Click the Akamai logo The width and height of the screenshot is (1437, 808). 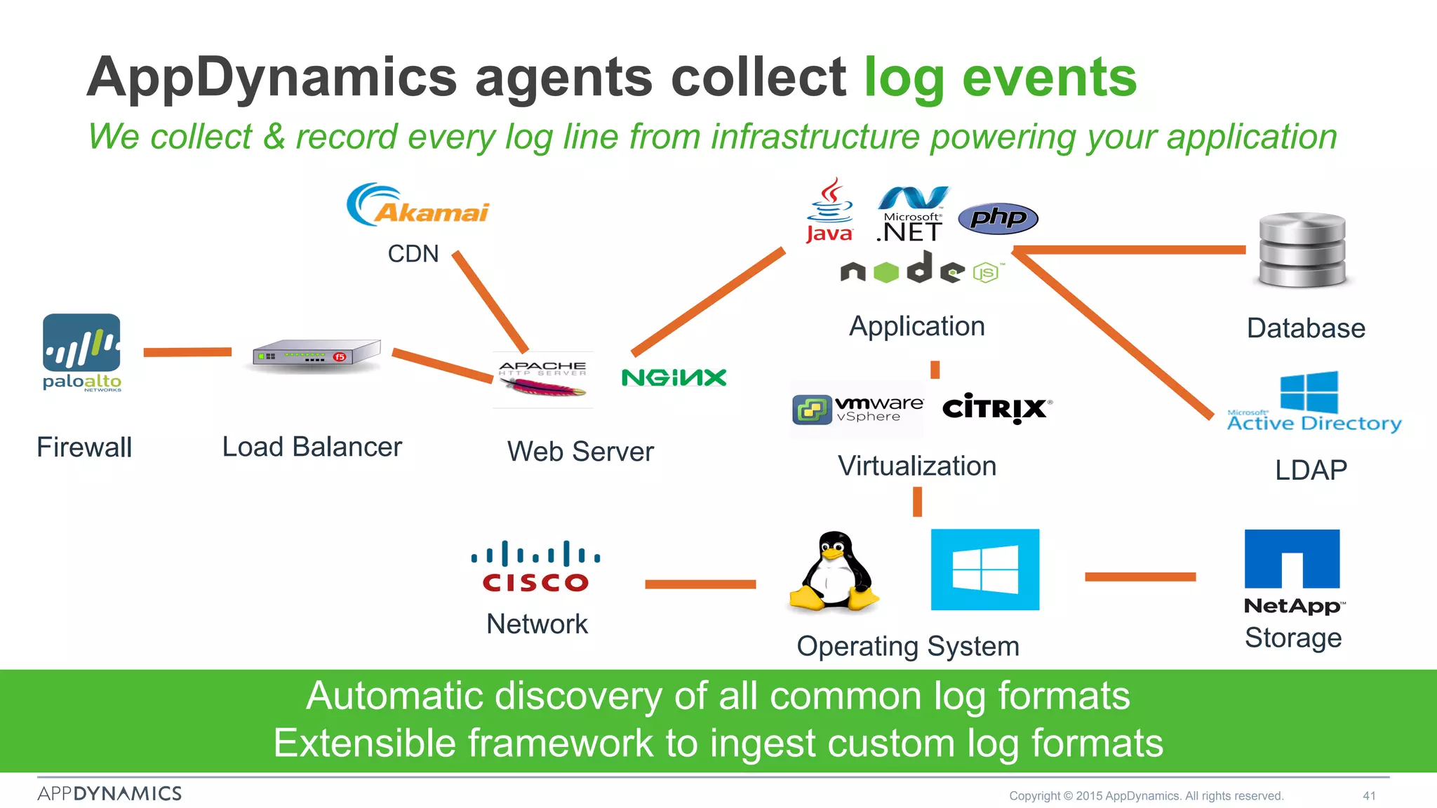[x=418, y=205]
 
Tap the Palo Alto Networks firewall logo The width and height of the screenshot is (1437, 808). [x=81, y=351]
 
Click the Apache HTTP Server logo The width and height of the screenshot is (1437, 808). [x=543, y=379]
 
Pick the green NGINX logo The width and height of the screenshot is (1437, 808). [x=674, y=377]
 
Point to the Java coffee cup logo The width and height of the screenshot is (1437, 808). [x=829, y=210]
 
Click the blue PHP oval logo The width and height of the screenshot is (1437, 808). [x=998, y=218]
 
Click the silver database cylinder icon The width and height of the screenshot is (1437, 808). [x=1302, y=250]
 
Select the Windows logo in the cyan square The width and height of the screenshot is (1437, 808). [x=984, y=570]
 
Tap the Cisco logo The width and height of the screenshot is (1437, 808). [x=535, y=567]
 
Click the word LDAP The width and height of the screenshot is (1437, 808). [x=1311, y=470]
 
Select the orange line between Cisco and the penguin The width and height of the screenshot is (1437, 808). [x=700, y=584]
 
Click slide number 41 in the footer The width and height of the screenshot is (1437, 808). [x=1369, y=795]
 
